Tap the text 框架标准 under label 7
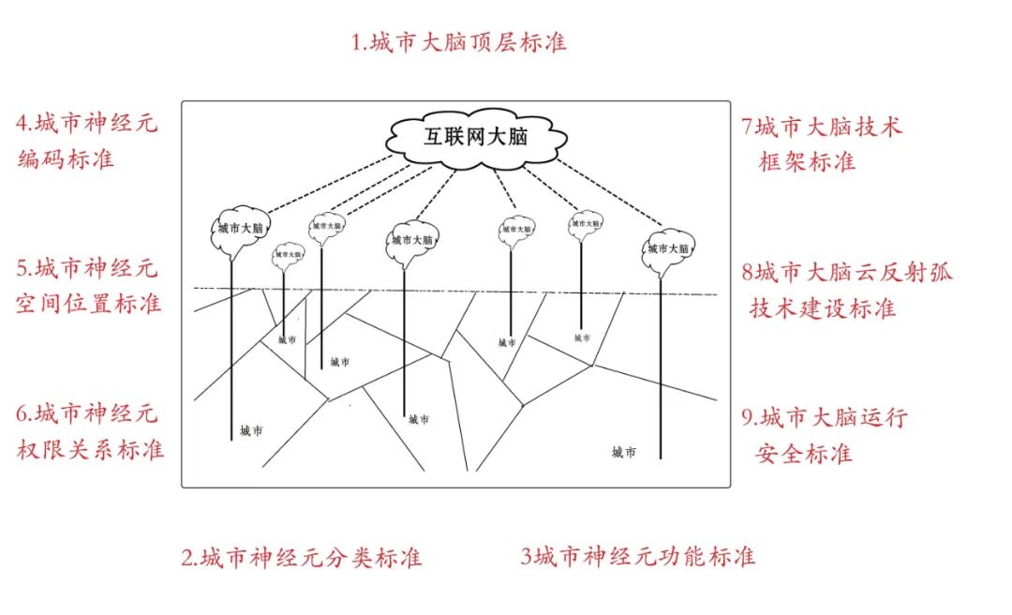coord(807,161)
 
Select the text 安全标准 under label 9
coord(803,454)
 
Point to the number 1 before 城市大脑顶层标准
coord(357,43)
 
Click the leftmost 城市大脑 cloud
coord(241,229)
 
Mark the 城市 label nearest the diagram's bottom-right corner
coord(624,453)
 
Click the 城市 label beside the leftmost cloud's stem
coord(251,431)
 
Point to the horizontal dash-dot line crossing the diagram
coord(450,291)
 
